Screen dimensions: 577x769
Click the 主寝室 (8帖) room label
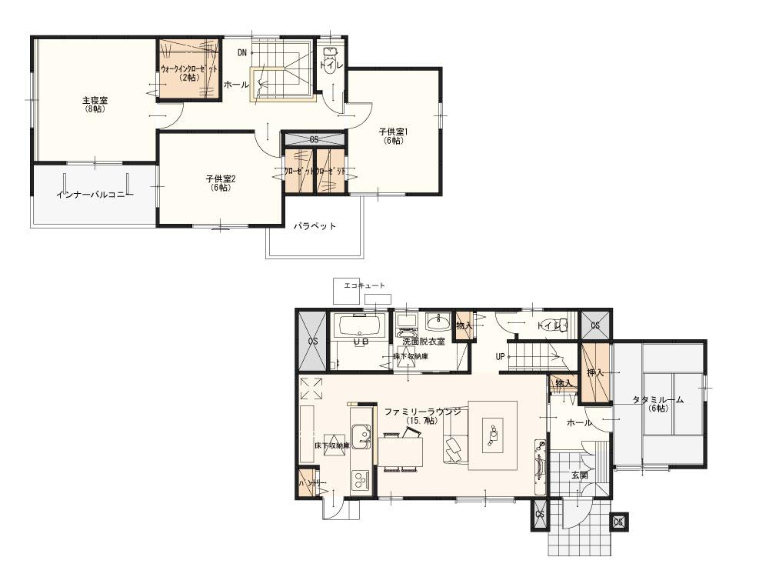click(95, 105)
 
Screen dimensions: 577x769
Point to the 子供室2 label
click(220, 182)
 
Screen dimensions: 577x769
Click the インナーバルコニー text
click(95, 194)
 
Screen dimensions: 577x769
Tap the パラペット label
click(315, 226)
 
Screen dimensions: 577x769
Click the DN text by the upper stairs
click(242, 52)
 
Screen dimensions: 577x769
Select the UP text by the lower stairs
click(501, 357)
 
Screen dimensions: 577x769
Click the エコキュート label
click(365, 285)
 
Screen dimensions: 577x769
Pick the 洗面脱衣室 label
click(424, 341)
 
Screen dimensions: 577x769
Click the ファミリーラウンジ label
click(421, 413)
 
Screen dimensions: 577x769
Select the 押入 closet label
click(594, 372)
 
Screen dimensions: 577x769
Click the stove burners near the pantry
click(359, 482)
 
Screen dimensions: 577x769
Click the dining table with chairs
click(401, 451)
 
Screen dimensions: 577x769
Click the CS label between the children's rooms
click(314, 140)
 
